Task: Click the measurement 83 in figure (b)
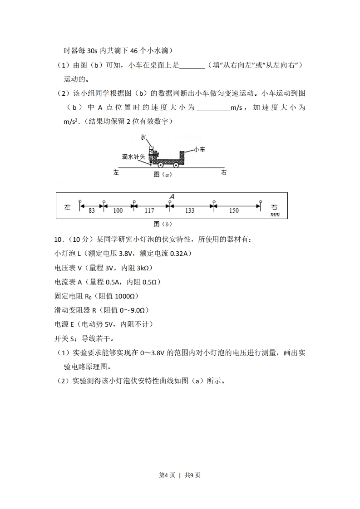click(92, 210)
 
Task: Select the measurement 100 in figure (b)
click(118, 210)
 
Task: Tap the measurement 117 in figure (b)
click(149, 210)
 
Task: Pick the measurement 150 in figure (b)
click(234, 210)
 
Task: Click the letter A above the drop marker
click(172, 196)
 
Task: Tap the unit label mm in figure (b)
click(275, 215)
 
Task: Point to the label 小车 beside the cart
click(200, 149)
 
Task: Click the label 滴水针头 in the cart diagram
click(133, 157)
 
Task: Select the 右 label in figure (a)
click(223, 173)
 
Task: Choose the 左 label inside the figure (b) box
click(68, 207)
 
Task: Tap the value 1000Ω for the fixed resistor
click(119, 296)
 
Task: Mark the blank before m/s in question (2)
click(214, 108)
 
